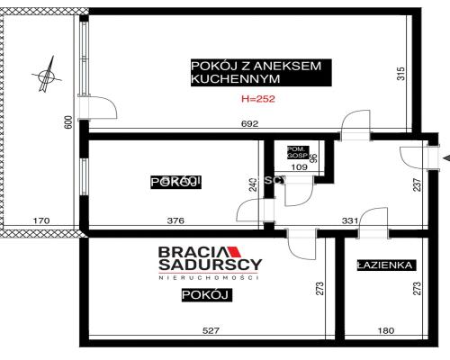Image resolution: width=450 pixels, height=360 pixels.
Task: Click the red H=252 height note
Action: (x=259, y=100)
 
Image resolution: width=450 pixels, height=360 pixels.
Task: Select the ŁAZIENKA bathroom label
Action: (x=384, y=265)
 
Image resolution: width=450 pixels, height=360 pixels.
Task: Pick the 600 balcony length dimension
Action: (x=68, y=123)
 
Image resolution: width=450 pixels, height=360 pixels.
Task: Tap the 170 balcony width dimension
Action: (x=40, y=220)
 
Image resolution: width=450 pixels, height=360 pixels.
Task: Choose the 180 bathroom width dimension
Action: (x=384, y=331)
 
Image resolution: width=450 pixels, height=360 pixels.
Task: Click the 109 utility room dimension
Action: (x=298, y=167)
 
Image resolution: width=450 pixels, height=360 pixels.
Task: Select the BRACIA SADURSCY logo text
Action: (x=209, y=259)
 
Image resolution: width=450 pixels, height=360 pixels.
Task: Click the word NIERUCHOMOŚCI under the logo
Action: (x=209, y=279)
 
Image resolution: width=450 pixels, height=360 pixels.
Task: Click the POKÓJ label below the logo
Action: (x=201, y=295)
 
